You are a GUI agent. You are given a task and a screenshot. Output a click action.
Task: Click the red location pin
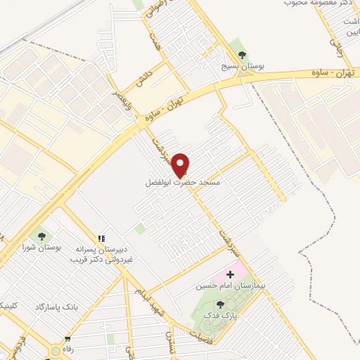pos(181,165)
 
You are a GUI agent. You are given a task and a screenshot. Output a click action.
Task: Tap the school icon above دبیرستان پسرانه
pos(101,240)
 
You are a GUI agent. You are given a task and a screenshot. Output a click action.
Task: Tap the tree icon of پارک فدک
pos(220,304)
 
